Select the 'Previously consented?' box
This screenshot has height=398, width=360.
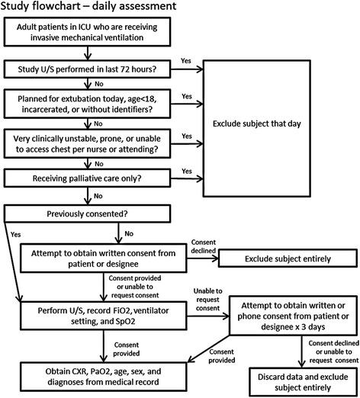click(102, 213)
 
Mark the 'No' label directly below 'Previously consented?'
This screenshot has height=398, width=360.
click(128, 233)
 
